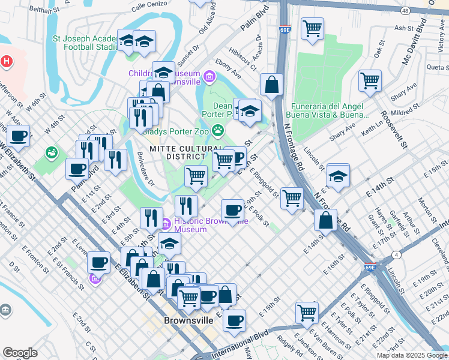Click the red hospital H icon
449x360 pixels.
7,61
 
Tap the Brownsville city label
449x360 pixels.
188,320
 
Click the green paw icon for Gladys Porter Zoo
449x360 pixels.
218,130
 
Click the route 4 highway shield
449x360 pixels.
397,255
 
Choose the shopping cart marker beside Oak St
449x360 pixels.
370,80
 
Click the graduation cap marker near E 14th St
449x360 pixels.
338,176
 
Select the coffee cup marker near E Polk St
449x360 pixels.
232,210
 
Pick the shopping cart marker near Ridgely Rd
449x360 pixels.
306,312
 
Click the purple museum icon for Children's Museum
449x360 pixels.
209,77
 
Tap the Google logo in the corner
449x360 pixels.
20,353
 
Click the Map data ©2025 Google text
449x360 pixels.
411,355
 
